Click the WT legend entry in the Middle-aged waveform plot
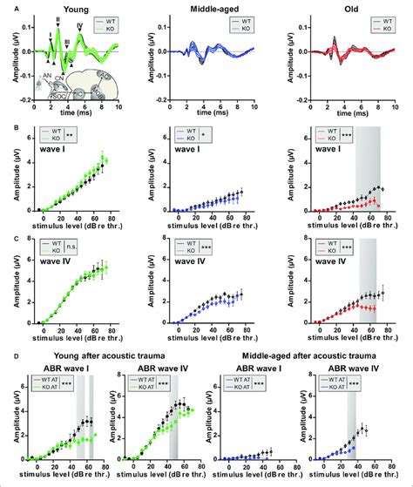click(247, 18)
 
